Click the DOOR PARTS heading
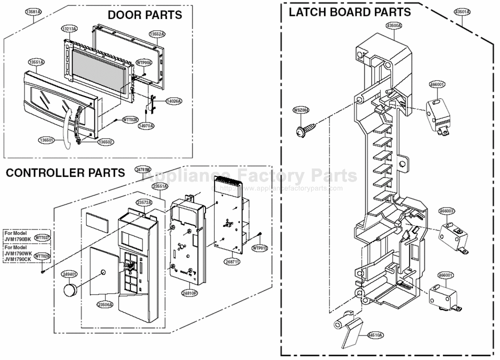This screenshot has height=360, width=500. (145, 15)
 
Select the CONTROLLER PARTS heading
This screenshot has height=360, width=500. (65, 173)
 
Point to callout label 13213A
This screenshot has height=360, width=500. (69, 29)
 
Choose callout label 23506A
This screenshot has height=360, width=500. (105, 304)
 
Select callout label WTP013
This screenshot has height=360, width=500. (259, 247)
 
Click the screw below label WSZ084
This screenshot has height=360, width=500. (304, 131)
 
